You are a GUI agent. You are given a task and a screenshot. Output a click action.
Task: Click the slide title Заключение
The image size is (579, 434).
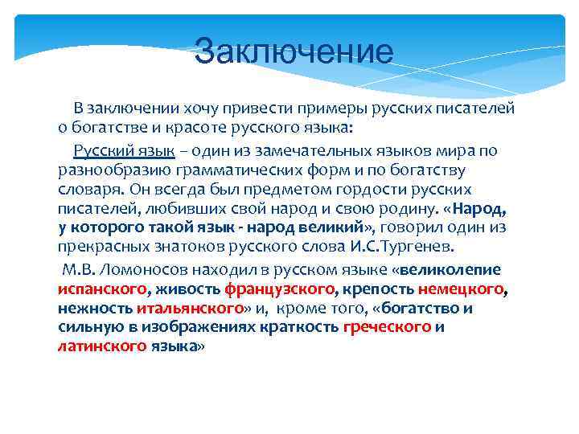point(294,52)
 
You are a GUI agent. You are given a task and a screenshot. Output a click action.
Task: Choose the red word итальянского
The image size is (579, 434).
point(190,308)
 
